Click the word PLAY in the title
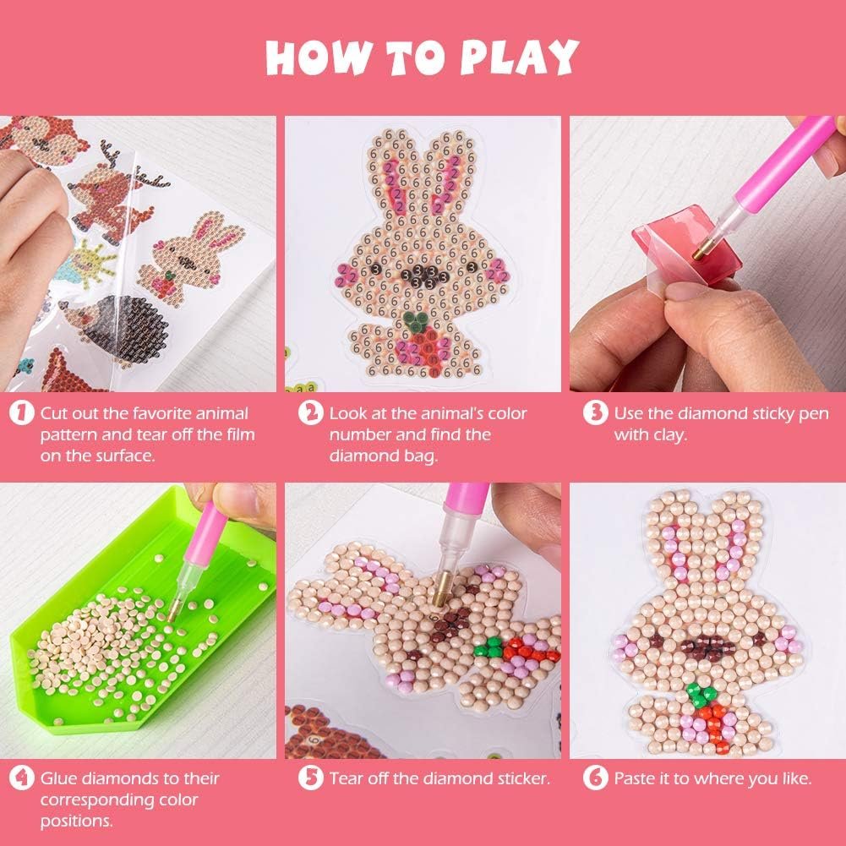click(519, 57)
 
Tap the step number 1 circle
click(22, 412)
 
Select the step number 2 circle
click(311, 412)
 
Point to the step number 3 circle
click(596, 412)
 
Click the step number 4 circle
click(22, 778)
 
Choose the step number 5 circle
click(311, 778)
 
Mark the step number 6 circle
click(596, 778)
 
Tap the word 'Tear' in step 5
click(347, 778)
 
